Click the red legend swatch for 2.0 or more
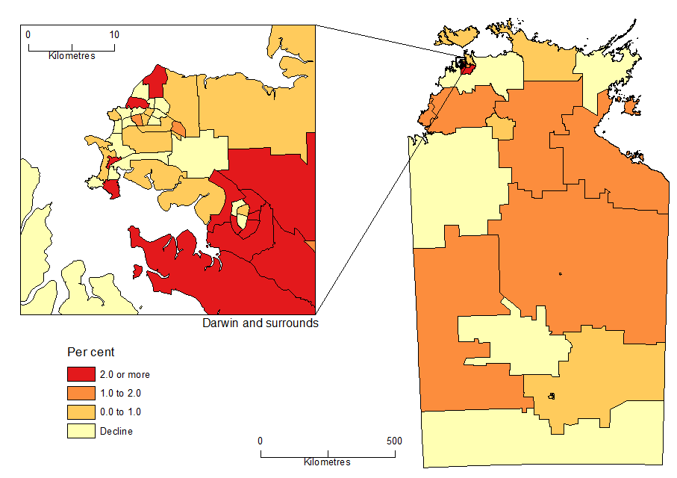pos(81,374)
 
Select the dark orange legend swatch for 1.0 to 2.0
pos(81,393)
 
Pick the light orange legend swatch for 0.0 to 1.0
pos(81,412)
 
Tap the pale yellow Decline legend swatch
pos(81,430)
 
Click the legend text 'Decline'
pos(116,431)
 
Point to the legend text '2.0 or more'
pos(125,375)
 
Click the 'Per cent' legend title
pos(91,352)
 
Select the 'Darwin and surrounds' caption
pos(260,323)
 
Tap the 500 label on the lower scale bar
pos(393,441)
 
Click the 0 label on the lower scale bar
pos(260,441)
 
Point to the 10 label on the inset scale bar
pos(114,34)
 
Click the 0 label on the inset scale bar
pos(28,34)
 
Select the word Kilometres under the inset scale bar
pos(72,56)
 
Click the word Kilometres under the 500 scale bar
pos(327,462)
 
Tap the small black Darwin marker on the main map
pos(463,65)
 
